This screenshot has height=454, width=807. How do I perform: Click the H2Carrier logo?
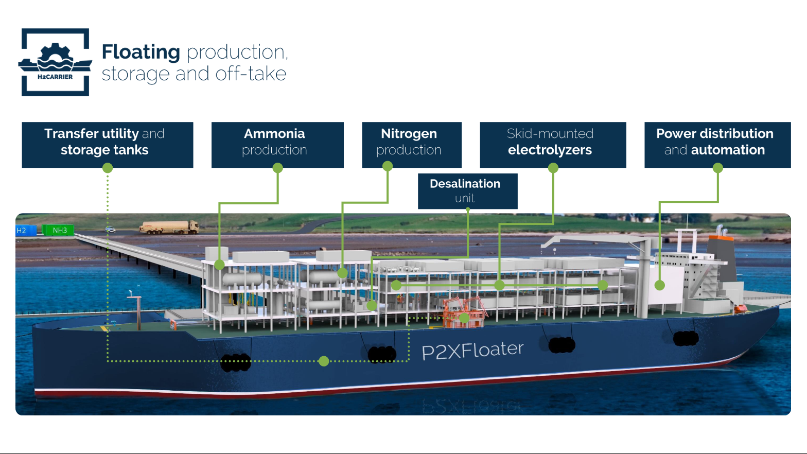(x=55, y=62)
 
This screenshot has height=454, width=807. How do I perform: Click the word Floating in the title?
(x=141, y=52)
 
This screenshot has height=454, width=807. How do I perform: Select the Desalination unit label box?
(x=467, y=191)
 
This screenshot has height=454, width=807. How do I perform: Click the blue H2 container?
(x=25, y=230)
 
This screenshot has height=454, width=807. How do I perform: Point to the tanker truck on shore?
(x=169, y=227)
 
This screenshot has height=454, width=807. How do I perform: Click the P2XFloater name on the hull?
(x=472, y=351)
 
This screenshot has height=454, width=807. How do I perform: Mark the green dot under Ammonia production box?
(x=277, y=168)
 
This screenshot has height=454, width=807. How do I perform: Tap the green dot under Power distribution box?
(x=717, y=168)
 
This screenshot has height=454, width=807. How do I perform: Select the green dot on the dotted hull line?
(x=324, y=361)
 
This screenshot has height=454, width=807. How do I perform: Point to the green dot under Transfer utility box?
(x=108, y=168)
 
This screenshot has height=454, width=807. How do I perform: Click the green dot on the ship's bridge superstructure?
(x=659, y=285)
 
